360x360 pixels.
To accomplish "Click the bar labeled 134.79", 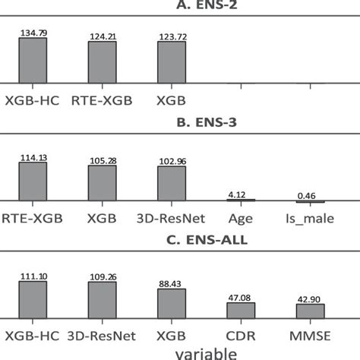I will click(x=33, y=60).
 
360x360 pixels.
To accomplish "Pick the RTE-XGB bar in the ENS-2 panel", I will click(x=102, y=62).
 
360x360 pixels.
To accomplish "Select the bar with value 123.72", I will click(x=171, y=62).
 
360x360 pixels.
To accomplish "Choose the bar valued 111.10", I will click(x=33, y=301).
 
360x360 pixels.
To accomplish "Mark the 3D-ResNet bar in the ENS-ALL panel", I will click(x=102, y=301).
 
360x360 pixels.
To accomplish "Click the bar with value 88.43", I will click(x=171, y=305).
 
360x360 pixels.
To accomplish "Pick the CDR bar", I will click(x=241, y=311).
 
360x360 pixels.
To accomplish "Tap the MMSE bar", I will click(x=310, y=311).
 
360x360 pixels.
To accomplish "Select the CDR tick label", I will click(x=241, y=335).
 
